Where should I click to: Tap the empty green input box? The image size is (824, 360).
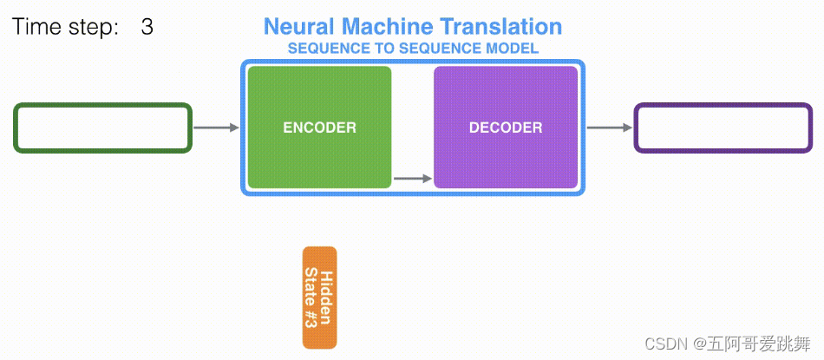click(102, 128)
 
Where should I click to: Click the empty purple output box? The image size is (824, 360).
click(723, 128)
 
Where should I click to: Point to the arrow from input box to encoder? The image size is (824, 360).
click(216, 128)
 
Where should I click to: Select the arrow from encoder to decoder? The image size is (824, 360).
click(412, 180)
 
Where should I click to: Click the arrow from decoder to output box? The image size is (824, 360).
click(610, 128)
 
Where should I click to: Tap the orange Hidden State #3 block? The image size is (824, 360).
click(319, 298)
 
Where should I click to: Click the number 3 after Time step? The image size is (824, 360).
click(147, 27)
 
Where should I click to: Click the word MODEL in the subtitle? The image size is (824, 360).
click(513, 49)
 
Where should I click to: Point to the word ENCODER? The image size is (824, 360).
click(319, 128)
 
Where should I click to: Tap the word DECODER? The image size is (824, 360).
click(506, 128)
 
